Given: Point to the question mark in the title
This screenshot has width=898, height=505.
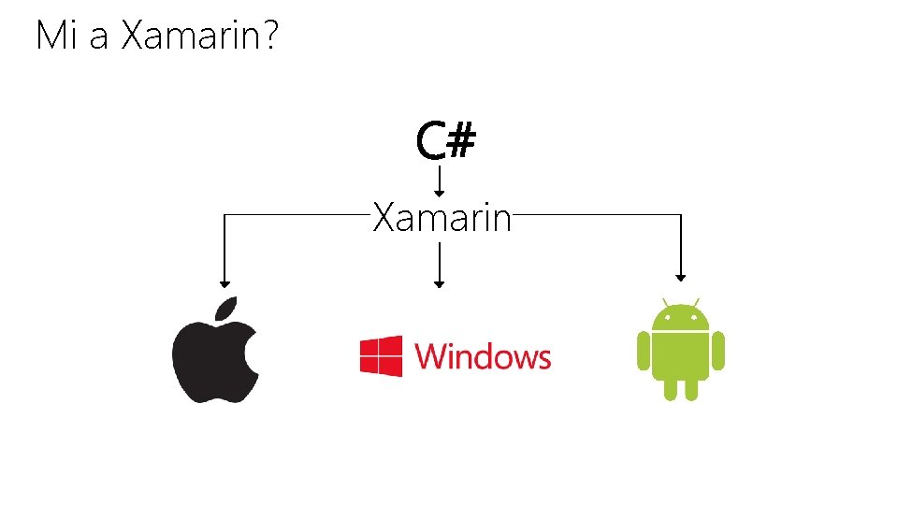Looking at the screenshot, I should [270, 36].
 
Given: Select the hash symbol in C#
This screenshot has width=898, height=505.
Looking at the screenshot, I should [461, 142].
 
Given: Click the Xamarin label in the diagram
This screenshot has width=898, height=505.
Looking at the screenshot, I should [442, 219].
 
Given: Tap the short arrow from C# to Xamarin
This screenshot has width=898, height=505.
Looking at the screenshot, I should [441, 178].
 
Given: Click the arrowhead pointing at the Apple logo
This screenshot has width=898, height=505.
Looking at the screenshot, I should [223, 281].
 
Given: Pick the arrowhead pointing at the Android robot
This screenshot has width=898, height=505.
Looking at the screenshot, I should [681, 276].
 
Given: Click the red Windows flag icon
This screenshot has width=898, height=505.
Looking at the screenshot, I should [381, 356].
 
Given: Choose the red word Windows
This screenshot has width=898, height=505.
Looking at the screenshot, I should [483, 356].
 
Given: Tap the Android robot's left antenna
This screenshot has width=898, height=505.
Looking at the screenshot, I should [665, 303].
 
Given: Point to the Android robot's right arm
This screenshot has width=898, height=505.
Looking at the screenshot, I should [718, 351].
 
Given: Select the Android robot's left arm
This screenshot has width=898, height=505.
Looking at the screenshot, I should [643, 351].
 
